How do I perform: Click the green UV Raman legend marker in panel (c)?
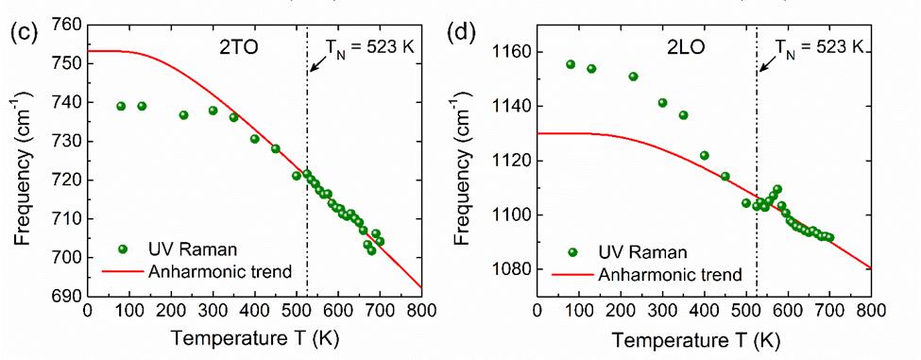(x=123, y=249)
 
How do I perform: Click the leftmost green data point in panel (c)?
(x=121, y=106)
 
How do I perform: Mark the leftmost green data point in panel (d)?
(x=571, y=64)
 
